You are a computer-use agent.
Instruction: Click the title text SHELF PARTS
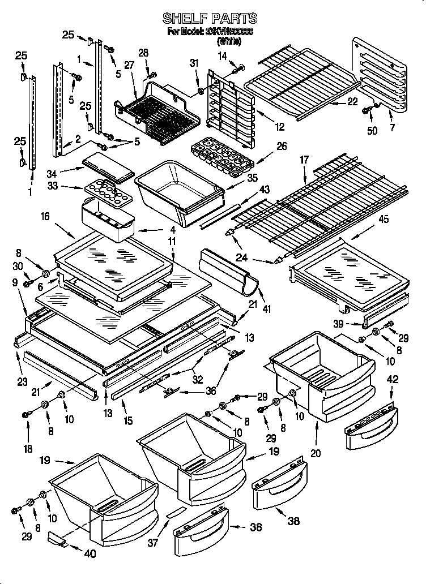point(210,19)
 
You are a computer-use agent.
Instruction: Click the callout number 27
point(129,65)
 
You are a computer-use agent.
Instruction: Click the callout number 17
point(304,160)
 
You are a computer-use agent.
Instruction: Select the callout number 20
point(316,452)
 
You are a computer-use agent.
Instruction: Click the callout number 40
point(90,554)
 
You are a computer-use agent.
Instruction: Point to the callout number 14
point(222,55)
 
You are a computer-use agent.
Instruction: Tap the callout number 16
point(45,216)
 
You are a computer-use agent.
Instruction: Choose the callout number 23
point(22,382)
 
